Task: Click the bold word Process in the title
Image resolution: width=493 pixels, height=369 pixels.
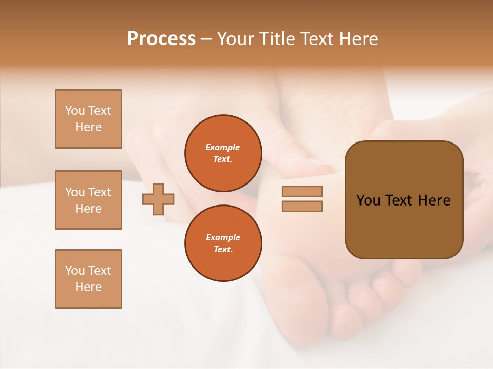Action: pyautogui.click(x=161, y=39)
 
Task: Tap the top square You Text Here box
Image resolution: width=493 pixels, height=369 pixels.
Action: pyautogui.click(x=88, y=119)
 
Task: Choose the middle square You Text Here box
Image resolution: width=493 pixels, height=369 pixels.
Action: pyautogui.click(x=88, y=200)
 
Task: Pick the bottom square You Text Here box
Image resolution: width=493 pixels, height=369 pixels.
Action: pyautogui.click(x=88, y=279)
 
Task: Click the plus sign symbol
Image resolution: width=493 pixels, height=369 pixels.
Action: pyautogui.click(x=158, y=199)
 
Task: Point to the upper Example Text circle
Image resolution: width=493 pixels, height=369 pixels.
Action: pyautogui.click(x=223, y=153)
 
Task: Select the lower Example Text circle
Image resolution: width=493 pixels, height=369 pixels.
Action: pyautogui.click(x=223, y=243)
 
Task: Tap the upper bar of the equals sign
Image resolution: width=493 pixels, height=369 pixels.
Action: pyautogui.click(x=302, y=191)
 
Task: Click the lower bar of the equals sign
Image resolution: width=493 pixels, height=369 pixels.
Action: pyautogui.click(x=302, y=206)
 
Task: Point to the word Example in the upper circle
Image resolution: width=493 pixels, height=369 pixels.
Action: pyautogui.click(x=223, y=147)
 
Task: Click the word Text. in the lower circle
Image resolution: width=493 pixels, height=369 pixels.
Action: pyautogui.click(x=223, y=250)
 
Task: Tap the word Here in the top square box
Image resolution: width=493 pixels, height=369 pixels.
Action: pyautogui.click(x=88, y=127)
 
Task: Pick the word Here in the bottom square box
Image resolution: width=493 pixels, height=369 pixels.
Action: pyautogui.click(x=88, y=287)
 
